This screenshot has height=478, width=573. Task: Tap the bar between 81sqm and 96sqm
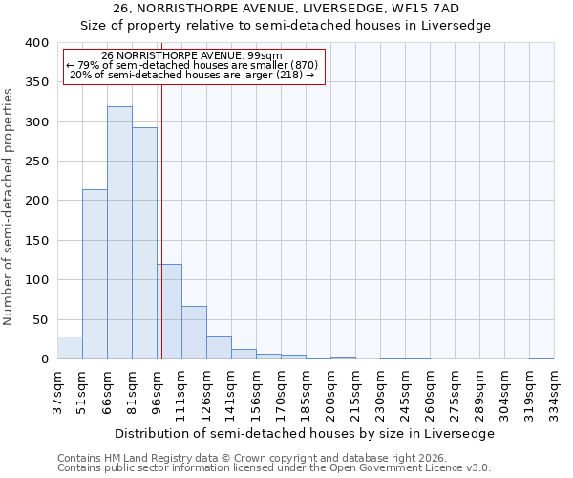point(144,243)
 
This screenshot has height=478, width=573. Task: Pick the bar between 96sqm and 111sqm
point(169,312)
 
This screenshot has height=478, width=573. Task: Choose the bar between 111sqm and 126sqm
point(194,333)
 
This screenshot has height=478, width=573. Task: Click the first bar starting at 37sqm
point(70,348)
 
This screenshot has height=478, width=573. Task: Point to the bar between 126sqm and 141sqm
point(219,347)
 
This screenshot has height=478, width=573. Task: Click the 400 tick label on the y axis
point(36,43)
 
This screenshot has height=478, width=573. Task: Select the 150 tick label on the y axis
point(36,241)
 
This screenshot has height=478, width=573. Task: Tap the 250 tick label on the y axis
point(36,162)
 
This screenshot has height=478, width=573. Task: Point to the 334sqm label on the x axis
point(554,393)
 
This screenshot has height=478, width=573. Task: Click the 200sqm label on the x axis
point(330,393)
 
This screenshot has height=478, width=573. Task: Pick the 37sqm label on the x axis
point(57,393)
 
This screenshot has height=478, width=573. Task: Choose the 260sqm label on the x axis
point(430,393)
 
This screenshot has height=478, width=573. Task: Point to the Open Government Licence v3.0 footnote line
point(274,468)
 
